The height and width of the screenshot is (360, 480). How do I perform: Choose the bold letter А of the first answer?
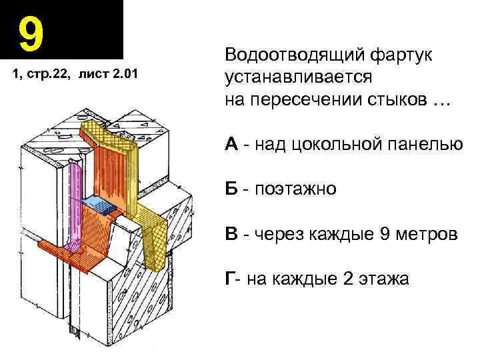tap(233, 144)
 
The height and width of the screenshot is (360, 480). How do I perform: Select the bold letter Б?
tap(232, 189)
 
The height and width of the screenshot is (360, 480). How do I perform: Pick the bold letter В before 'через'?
tap(232, 234)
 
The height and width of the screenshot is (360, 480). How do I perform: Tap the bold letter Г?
tap(230, 279)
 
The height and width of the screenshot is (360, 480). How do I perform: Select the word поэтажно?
tap(294, 190)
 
